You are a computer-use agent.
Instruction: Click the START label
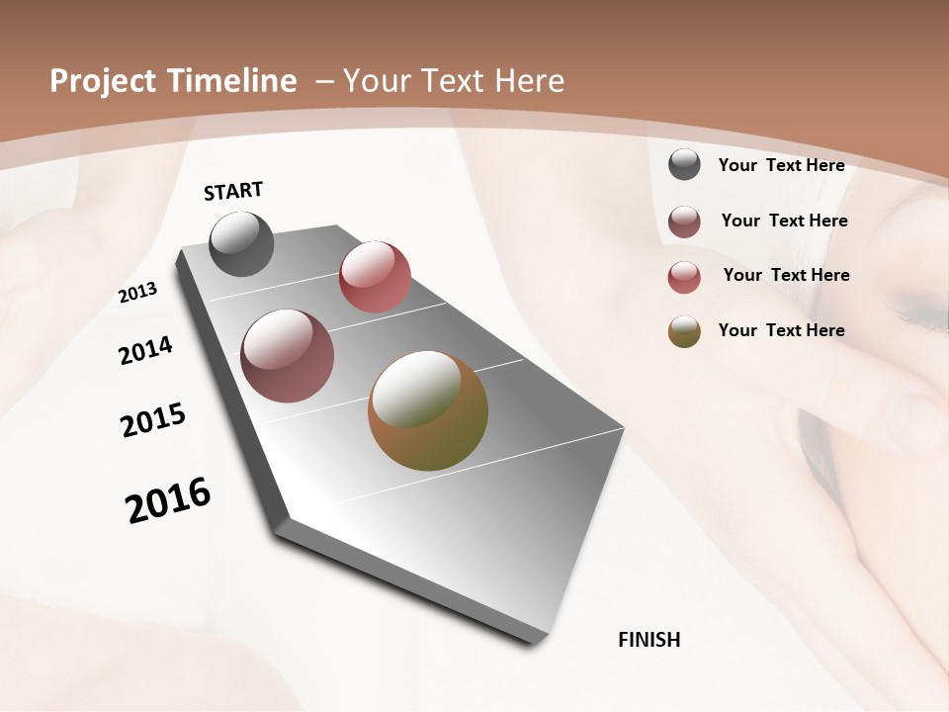233,191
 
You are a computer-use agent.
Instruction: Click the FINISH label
649,640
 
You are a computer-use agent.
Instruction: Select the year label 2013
137,293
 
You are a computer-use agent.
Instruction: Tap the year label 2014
145,350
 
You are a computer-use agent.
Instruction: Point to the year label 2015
153,420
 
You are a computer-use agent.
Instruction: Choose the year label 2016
168,500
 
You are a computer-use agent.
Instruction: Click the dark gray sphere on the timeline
242,243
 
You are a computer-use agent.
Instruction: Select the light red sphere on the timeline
375,277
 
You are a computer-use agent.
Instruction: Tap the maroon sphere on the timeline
288,356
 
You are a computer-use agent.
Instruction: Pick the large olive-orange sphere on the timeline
428,410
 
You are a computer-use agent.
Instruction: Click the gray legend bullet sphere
684,165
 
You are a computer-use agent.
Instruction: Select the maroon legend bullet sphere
684,222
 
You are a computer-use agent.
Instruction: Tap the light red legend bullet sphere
684,277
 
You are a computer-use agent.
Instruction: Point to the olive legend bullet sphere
684,331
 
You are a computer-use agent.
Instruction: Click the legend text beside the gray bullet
781,165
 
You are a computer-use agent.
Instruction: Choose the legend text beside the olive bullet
781,330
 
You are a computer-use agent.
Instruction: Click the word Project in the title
104,81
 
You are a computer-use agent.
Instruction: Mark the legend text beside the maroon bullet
784,221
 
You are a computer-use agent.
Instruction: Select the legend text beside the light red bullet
786,275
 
